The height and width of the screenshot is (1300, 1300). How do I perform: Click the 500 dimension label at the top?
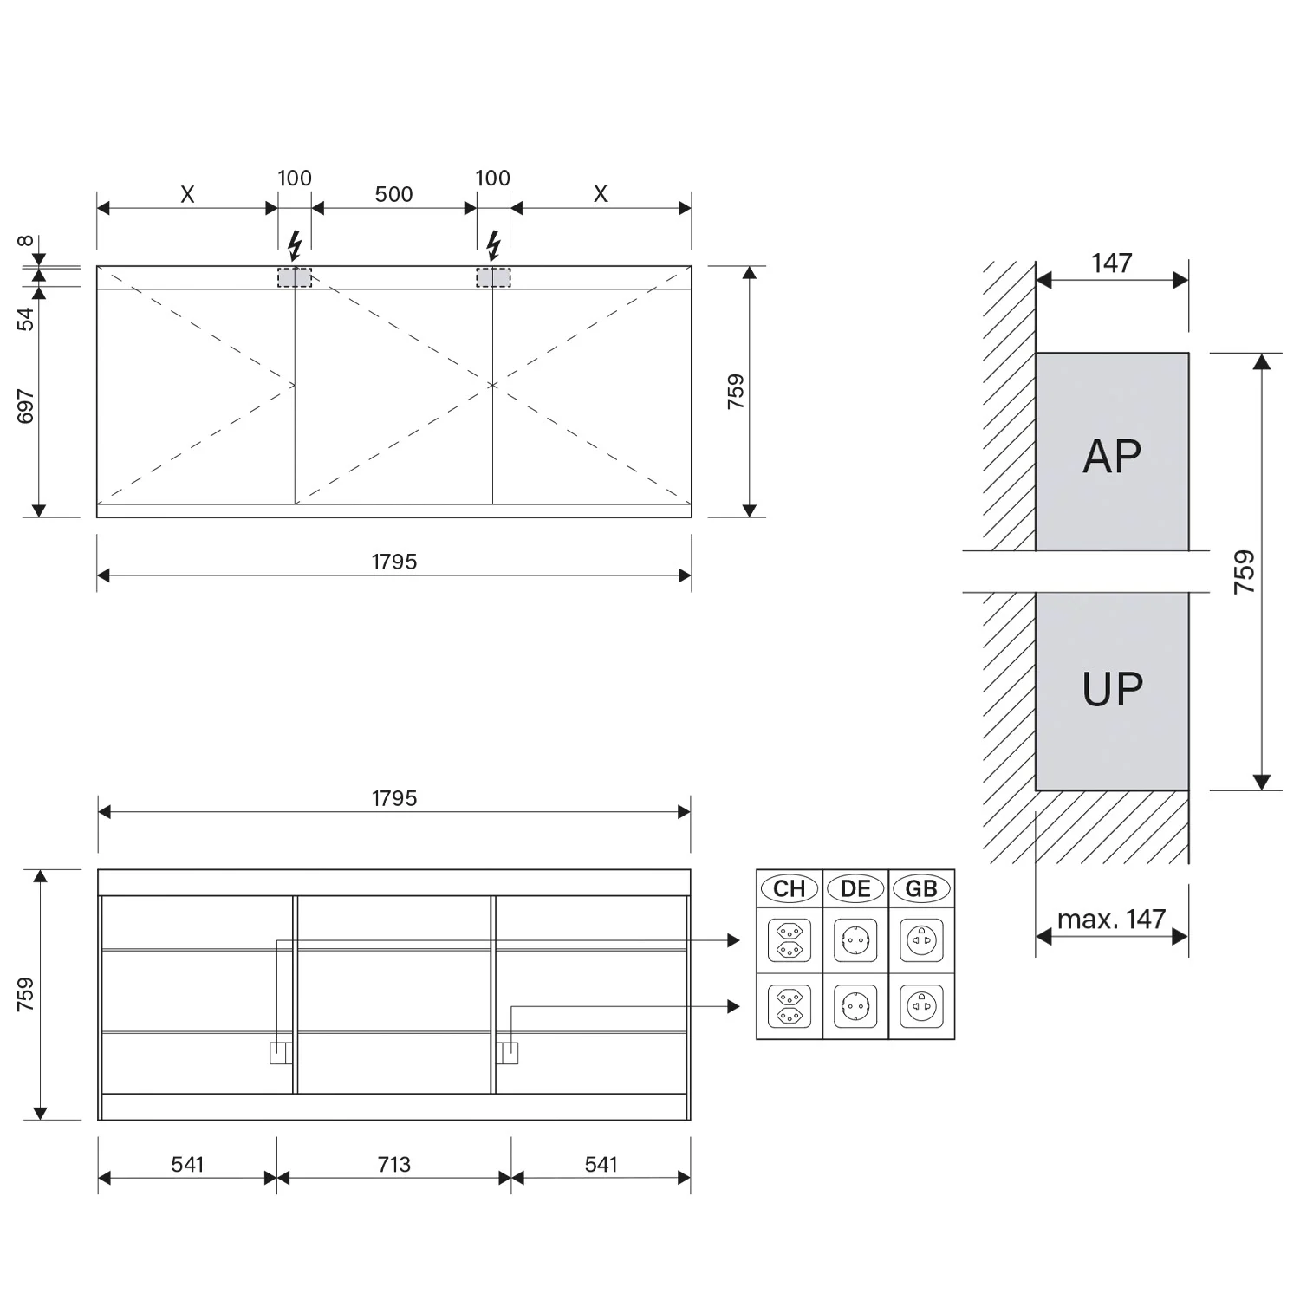[x=393, y=194]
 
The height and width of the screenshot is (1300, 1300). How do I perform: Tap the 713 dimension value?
[x=393, y=1164]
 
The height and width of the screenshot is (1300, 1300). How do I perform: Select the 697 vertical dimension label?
[x=26, y=406]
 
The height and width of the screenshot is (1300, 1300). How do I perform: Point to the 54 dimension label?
[x=26, y=319]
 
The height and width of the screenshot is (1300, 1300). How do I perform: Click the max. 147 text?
[x=1111, y=919]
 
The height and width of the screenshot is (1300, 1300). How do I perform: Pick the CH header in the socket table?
[x=789, y=888]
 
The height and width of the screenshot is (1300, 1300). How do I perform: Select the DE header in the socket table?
[x=855, y=888]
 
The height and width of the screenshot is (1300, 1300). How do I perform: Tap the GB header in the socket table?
[x=921, y=888]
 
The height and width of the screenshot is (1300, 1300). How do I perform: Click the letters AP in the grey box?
[x=1112, y=456]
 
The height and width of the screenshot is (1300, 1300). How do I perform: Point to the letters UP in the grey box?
[x=1112, y=690]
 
